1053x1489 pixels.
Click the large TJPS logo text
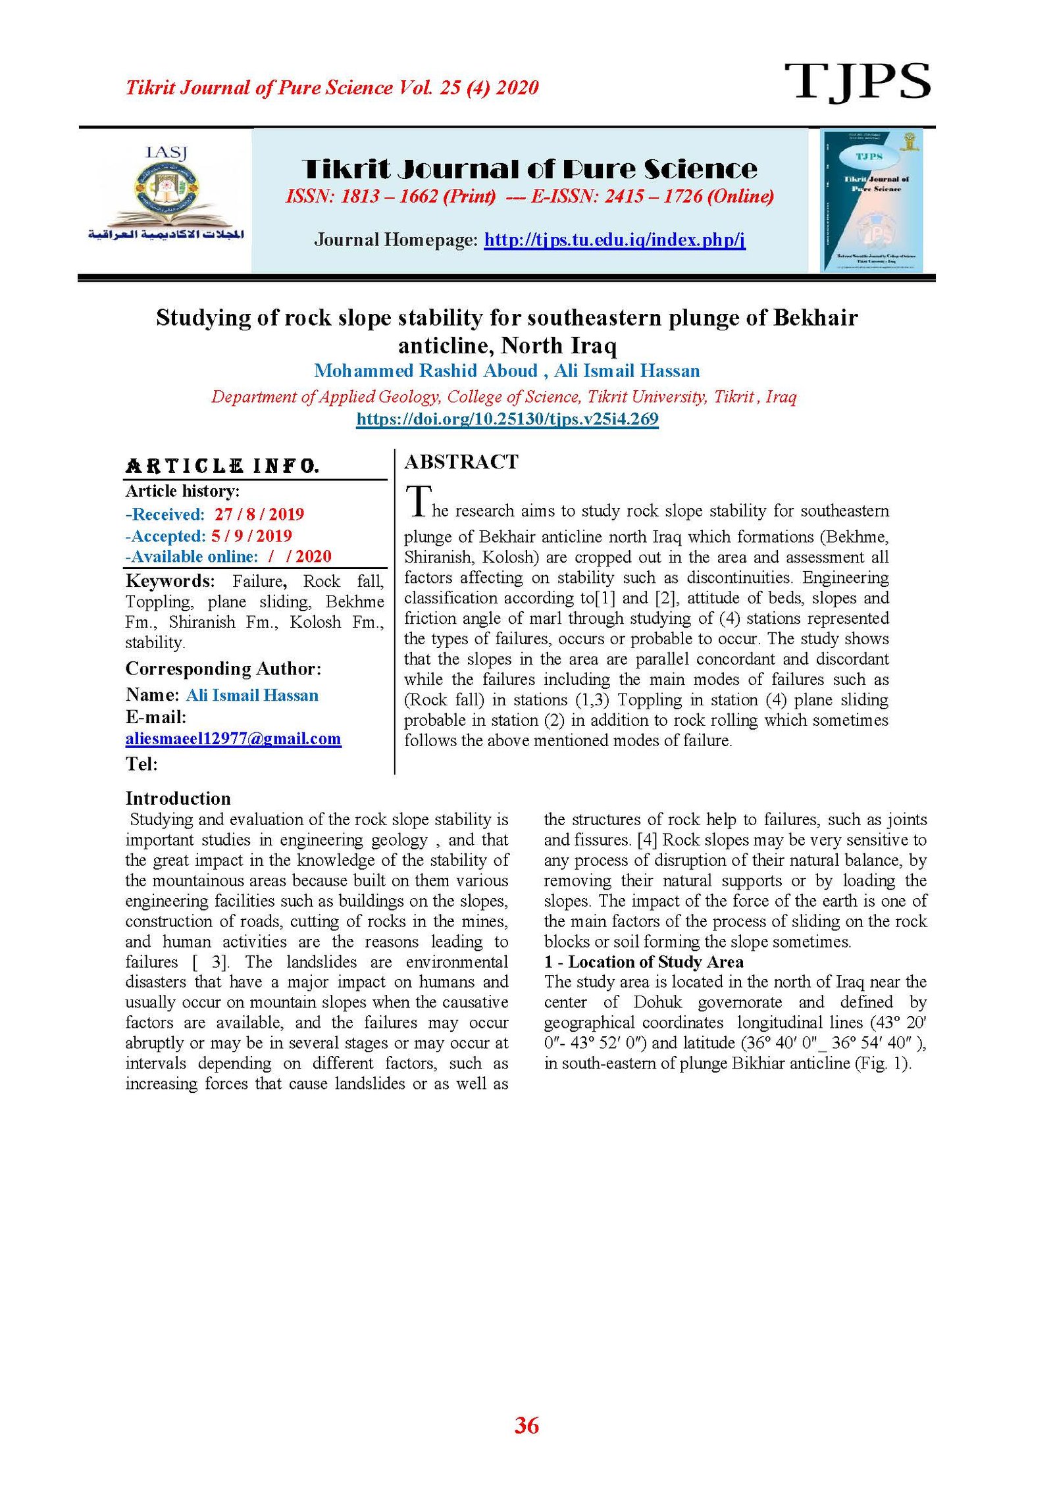pos(856,82)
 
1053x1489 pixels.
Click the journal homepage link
pos(614,240)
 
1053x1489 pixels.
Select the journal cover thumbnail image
pos(871,200)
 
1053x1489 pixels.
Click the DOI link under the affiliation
pos(507,419)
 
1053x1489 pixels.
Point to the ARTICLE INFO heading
pos(222,467)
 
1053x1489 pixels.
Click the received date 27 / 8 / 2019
pos(259,514)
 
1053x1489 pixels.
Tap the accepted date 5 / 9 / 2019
pos(251,536)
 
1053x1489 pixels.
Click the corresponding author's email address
pos(233,738)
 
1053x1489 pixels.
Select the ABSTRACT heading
pos(461,462)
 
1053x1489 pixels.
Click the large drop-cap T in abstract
pos(418,501)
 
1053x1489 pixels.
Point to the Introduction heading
pos(178,798)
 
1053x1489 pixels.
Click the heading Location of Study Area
pos(655,961)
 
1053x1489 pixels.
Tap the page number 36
pos(526,1425)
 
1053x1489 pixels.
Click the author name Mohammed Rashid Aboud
pos(426,370)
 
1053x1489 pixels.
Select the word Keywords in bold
pos(170,581)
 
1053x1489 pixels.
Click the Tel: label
pos(141,764)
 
